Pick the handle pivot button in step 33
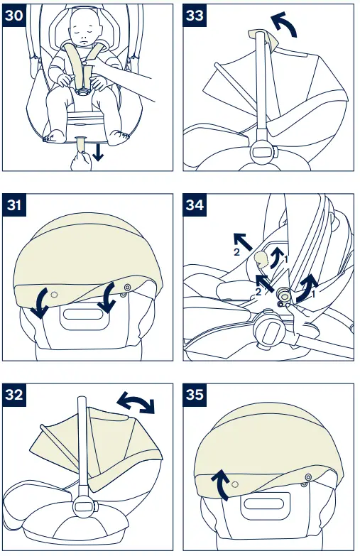(x=263, y=151)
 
